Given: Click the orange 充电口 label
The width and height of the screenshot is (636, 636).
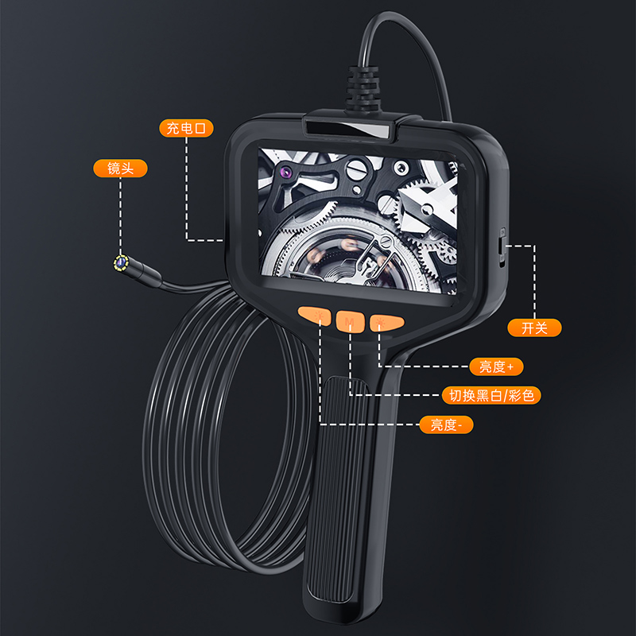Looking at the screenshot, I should pos(186,128).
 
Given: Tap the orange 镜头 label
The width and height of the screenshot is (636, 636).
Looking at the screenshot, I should pos(121,168).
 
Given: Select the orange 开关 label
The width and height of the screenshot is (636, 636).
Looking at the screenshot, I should pos(534,327).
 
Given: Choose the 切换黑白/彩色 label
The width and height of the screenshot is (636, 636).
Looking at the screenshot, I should pos(495,394).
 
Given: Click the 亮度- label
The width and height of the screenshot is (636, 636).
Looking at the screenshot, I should pos(447,425).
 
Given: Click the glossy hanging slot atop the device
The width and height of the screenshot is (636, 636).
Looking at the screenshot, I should pos(350,126).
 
